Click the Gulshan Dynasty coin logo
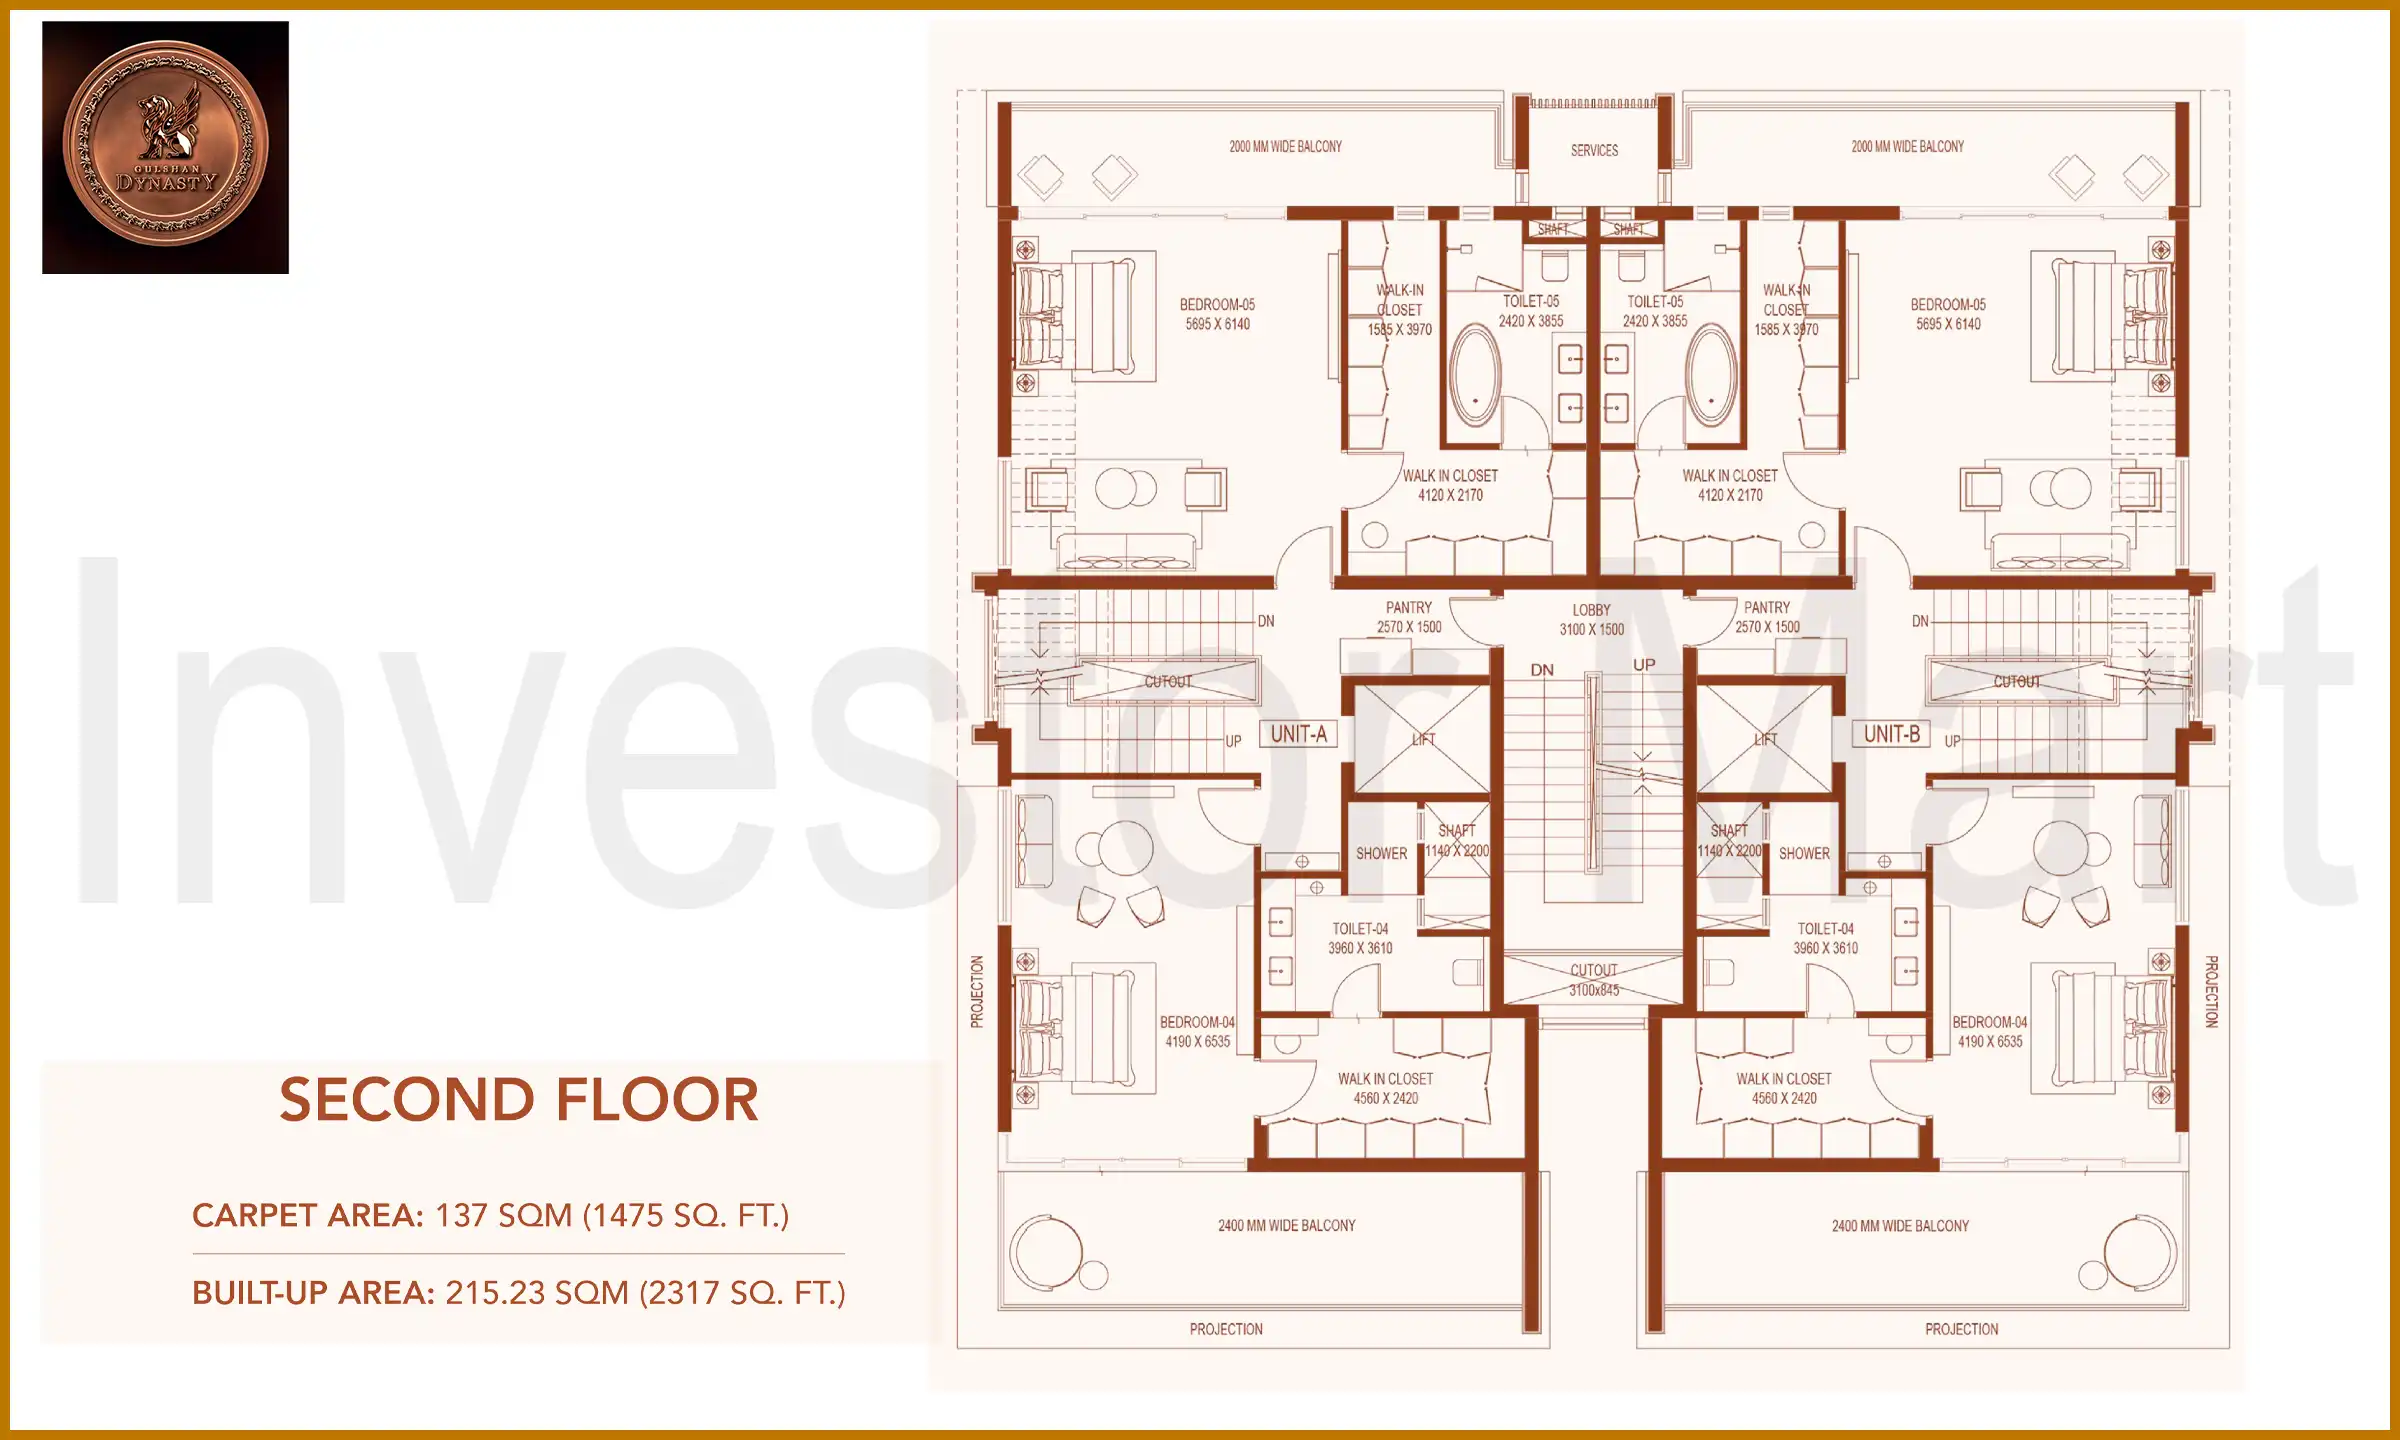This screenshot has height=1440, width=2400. [165, 146]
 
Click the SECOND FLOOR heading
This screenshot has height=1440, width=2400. [518, 1100]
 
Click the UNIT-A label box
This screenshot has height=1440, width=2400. [1298, 734]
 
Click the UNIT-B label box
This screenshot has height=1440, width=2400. [1891, 734]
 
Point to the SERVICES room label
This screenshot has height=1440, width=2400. [1594, 151]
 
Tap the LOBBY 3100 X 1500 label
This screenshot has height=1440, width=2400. [1591, 619]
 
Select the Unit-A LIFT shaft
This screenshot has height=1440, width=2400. [1422, 740]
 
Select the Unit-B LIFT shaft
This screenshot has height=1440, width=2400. [1765, 740]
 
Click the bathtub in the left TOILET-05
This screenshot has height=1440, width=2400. [1475, 376]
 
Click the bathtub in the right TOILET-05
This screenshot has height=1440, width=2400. [1711, 376]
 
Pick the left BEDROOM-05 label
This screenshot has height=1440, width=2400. [1217, 314]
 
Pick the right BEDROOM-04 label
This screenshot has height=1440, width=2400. [1990, 1032]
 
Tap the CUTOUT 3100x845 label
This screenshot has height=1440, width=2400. [1593, 980]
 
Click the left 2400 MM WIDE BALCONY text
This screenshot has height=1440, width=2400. [1286, 1226]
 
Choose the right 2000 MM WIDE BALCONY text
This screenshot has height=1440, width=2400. [1907, 147]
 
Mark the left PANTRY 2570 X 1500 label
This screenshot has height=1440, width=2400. [1409, 617]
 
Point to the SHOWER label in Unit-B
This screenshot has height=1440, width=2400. [1804, 854]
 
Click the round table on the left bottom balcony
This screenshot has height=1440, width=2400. [1047, 1252]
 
